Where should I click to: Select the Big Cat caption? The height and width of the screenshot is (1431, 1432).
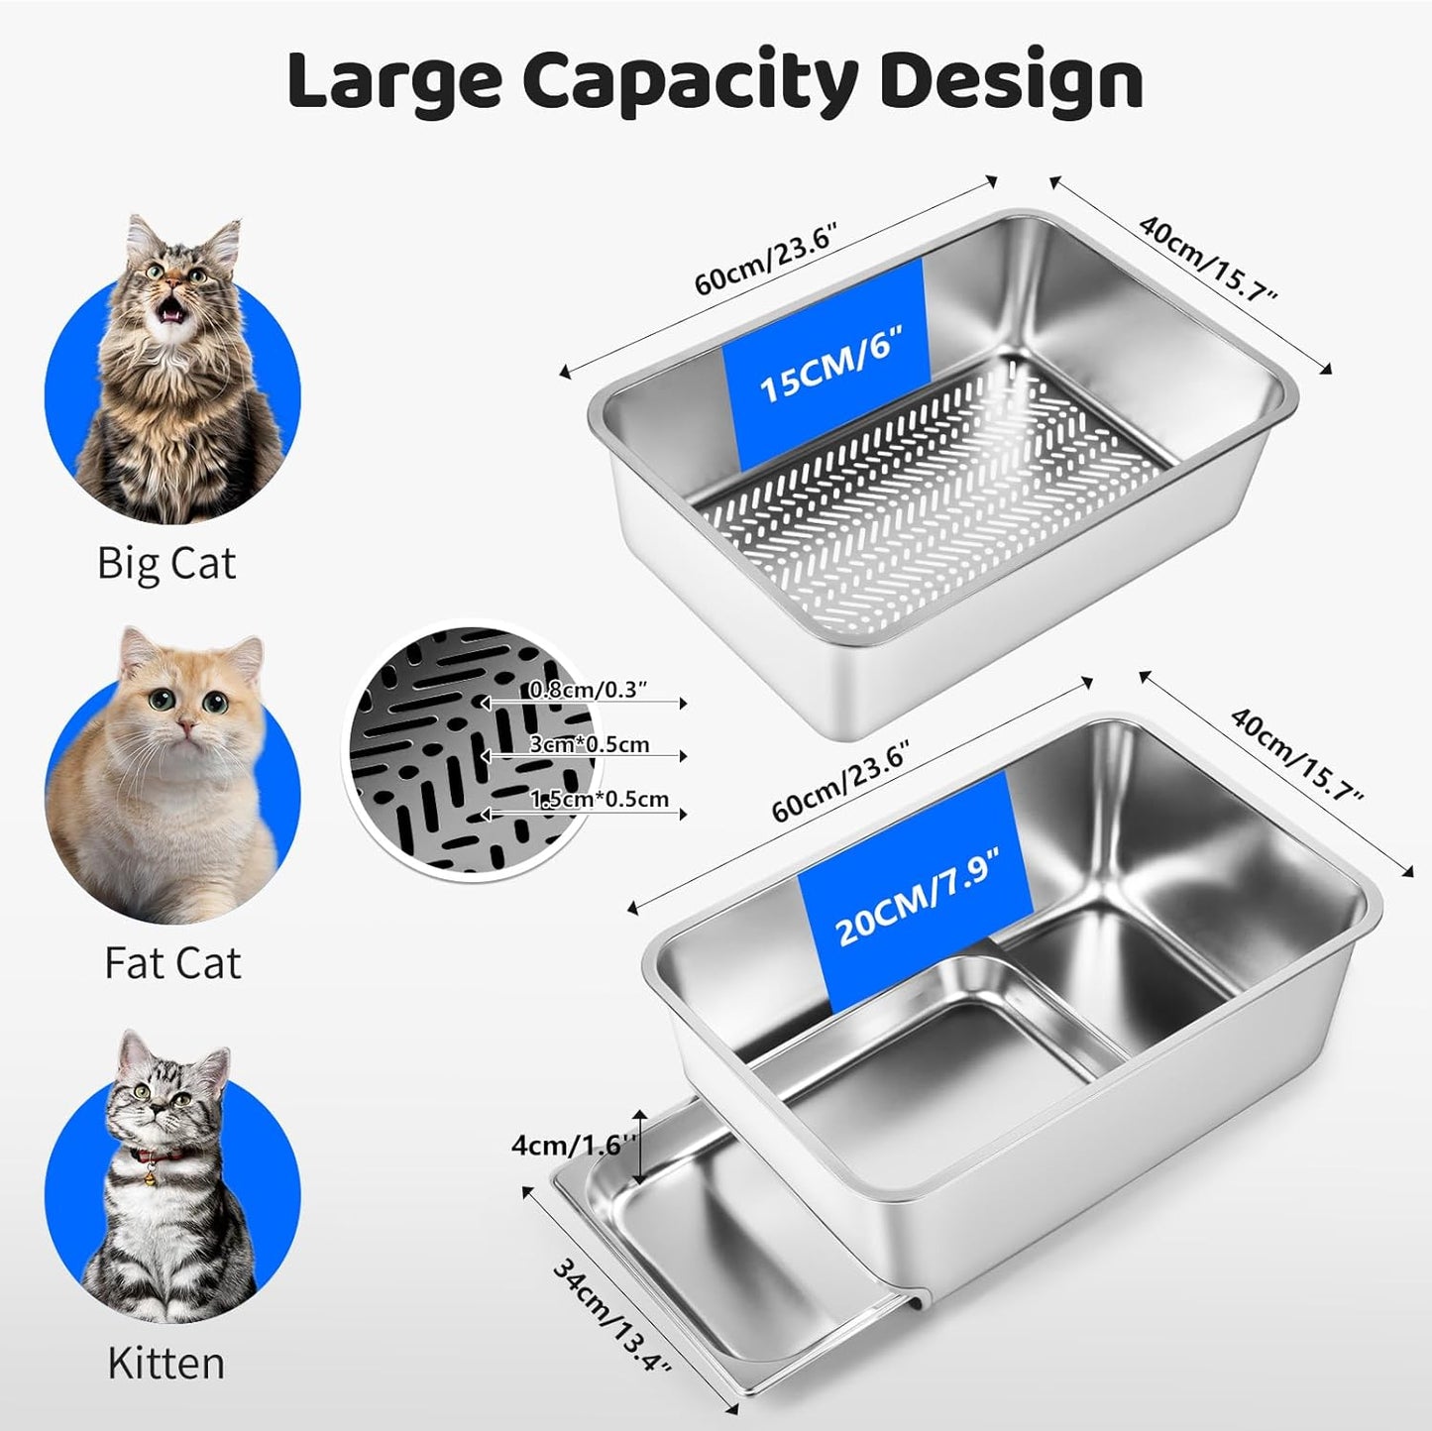click(x=166, y=564)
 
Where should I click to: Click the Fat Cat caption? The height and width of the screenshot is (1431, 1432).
click(x=173, y=963)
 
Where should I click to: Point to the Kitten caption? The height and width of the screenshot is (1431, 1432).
click(x=165, y=1363)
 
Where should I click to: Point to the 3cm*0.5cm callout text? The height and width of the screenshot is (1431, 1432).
click(x=590, y=744)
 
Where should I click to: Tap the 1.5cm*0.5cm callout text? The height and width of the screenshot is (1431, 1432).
click(x=600, y=799)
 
